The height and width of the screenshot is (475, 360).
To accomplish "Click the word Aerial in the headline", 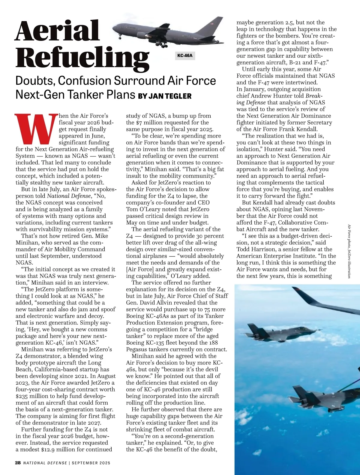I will pos(57,31).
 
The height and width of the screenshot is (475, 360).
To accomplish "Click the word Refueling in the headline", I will pos(82,57).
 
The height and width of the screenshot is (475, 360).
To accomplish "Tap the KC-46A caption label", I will pos(185,56).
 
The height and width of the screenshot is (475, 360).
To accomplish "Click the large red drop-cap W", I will pos(37,128).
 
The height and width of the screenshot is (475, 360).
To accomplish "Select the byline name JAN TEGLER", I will pos(170,96).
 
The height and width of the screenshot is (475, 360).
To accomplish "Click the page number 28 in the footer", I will pos(18,463).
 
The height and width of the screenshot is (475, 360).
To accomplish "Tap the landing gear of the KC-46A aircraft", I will pos(162,44).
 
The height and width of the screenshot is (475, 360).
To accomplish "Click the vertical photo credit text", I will pos(349,251).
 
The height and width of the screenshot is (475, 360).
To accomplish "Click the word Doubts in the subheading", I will pos(34,81).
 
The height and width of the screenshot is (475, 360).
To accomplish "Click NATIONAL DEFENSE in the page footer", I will pos(45,463).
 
